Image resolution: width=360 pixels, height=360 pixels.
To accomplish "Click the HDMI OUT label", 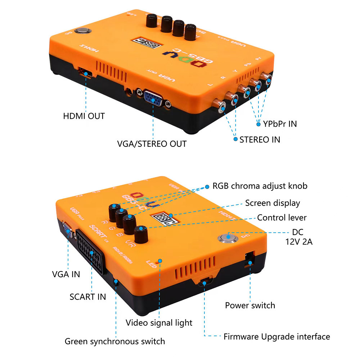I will coord(84,116).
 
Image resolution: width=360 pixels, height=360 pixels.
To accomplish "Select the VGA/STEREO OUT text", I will coord(152,144).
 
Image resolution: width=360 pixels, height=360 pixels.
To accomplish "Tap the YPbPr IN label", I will coord(280,124).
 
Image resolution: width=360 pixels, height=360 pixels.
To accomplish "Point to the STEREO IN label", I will coord(260,139).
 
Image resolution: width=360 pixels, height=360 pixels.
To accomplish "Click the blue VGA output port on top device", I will coord(153,98).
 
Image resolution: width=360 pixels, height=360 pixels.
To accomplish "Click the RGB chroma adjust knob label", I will coord(260,186).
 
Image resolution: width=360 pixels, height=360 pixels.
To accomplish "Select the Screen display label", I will coord(273,203).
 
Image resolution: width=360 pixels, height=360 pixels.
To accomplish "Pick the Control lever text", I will coord(282,218).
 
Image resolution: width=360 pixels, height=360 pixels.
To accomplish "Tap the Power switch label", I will coord(250,306).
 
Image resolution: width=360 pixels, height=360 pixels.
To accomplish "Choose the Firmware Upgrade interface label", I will coord(276,337).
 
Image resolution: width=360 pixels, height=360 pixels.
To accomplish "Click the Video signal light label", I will coord(159,323).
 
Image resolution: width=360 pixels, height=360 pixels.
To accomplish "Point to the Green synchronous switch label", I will coord(114,341).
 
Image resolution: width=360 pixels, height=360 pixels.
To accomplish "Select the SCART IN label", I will coord(87,297).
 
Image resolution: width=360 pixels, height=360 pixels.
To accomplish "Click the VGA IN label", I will coord(66,274).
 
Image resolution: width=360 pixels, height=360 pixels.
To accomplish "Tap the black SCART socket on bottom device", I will coord(91,252).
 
